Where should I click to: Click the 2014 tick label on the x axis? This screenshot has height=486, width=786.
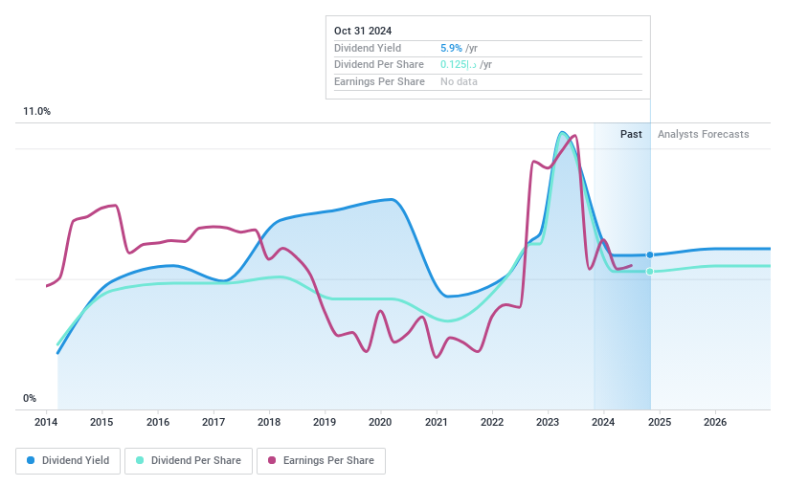(47, 422)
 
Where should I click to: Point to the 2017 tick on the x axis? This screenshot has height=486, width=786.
(213, 422)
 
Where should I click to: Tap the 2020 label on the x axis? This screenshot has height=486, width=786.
(380, 422)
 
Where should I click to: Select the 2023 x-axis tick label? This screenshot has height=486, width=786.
(548, 422)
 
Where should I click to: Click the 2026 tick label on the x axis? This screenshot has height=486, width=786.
(714, 422)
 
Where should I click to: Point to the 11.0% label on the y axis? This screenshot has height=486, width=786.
(36, 112)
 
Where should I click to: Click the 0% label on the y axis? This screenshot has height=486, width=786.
(30, 398)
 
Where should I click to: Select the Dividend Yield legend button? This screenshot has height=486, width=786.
(67, 460)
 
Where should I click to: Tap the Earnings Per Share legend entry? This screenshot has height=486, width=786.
(321, 460)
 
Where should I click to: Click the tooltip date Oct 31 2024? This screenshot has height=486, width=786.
(363, 31)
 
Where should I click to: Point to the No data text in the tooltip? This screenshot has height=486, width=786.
(459, 81)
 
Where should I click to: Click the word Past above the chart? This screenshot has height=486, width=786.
(631, 134)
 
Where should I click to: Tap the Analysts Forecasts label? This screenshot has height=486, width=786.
(703, 134)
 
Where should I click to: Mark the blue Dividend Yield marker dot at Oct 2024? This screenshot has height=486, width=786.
(650, 254)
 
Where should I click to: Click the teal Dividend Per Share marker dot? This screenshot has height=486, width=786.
(650, 272)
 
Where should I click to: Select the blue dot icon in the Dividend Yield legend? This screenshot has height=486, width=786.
(32, 460)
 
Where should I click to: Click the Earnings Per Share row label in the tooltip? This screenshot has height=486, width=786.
(379, 81)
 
